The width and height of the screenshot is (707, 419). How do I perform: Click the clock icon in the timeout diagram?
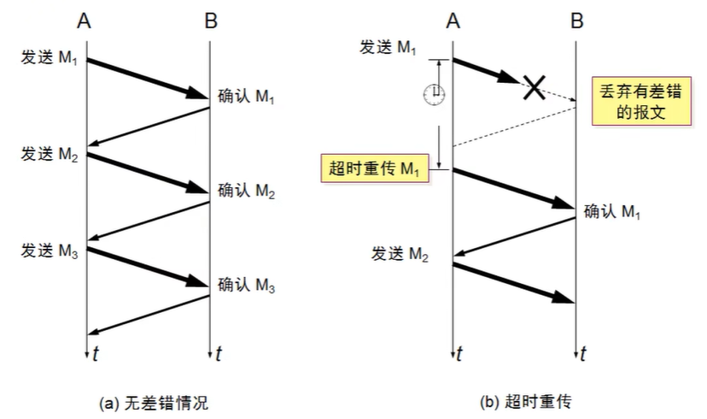point(436,93)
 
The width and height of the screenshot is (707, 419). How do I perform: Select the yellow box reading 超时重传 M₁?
point(373,167)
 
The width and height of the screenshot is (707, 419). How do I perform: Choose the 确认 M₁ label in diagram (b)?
point(613,209)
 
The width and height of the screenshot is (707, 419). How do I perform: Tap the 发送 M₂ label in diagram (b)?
point(399,253)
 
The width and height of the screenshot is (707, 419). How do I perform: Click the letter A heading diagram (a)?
point(84,20)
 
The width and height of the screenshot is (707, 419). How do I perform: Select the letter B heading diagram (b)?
point(577,20)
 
